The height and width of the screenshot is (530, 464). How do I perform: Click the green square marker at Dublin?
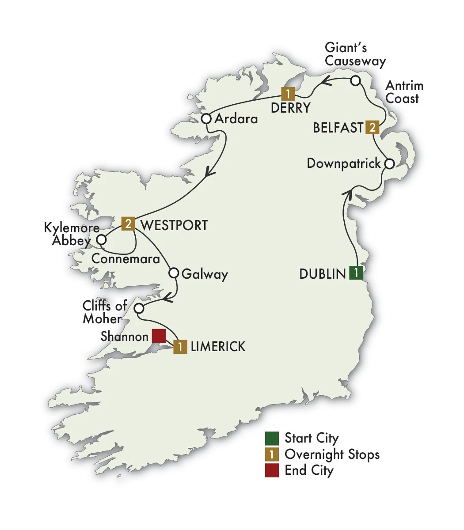[356, 273]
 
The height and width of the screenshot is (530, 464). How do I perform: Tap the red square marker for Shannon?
[158, 336]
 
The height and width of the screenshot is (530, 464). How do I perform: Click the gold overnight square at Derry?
[288, 94]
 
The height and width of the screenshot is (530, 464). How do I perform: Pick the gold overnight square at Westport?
[128, 224]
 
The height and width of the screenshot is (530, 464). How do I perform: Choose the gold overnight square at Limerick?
[180, 347]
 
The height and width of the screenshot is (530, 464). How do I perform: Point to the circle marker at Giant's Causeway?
[356, 81]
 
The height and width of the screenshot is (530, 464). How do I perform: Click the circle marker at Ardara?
[206, 119]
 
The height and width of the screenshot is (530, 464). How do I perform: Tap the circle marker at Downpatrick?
[389, 163]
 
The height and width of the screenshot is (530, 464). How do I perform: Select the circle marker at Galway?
[174, 273]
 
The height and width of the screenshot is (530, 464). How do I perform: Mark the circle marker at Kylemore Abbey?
[102, 240]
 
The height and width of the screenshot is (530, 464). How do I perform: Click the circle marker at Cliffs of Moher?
[139, 308]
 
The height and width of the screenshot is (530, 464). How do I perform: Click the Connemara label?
[126, 259]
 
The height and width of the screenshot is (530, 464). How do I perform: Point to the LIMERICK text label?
[218, 347]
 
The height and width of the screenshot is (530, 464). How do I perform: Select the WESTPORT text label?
[174, 225]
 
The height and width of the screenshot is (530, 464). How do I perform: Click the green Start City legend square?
[272, 438]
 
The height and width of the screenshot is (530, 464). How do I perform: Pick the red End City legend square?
[272, 470]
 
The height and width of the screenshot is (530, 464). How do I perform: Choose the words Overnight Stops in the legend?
[332, 454]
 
